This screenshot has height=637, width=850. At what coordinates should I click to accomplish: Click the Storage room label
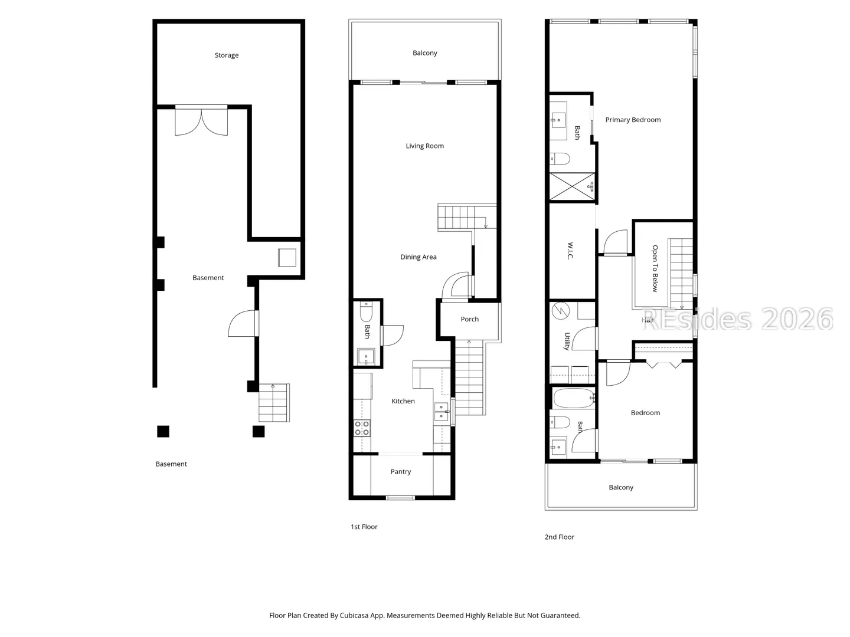pos(227,55)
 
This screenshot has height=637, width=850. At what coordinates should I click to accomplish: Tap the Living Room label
pos(425,146)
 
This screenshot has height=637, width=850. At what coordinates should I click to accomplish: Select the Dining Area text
pos(419,257)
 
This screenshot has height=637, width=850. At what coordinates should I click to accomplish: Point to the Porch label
pos(470,319)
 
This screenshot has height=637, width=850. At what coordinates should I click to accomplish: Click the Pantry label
pos(401,471)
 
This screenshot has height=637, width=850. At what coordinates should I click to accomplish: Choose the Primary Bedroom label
pos(633,120)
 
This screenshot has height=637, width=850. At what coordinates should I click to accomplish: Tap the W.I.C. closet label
pos(570,251)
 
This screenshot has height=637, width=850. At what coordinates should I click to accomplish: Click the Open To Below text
pos(655,268)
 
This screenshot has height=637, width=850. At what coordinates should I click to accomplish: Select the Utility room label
pos(567,342)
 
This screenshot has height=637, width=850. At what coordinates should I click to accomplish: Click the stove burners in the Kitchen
pos(362,428)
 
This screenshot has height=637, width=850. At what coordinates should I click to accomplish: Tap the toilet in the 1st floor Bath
pos(366,312)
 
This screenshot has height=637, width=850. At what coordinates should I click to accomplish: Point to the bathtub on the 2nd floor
pos(574,398)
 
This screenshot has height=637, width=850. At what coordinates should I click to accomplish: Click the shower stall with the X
pos(572,187)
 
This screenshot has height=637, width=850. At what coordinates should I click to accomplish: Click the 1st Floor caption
pos(364,527)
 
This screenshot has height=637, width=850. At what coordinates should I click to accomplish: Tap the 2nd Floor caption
pos(560,537)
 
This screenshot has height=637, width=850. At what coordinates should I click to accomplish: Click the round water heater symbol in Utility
pos(560,311)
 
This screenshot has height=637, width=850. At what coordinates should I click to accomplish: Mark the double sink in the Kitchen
pos(441,412)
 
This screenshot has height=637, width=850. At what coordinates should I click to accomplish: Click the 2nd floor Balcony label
pos(621,487)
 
